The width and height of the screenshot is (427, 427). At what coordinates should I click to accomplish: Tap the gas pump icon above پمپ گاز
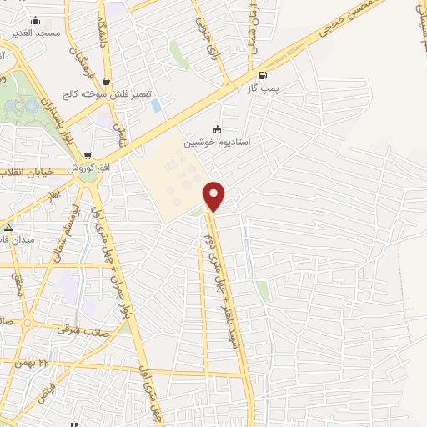point(264,74)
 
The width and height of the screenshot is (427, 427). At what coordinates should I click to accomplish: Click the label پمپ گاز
point(264,87)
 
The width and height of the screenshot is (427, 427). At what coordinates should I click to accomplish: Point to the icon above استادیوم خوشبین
point(218,129)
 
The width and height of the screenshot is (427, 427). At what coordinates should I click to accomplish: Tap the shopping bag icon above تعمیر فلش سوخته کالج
point(105,82)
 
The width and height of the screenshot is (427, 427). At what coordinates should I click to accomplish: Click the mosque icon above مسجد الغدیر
point(35,20)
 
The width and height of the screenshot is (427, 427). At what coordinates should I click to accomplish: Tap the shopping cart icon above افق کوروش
point(88,155)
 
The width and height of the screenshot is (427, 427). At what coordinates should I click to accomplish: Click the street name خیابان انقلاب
point(30,171)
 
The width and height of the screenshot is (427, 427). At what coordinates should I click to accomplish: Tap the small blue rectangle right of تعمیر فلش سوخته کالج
point(157,105)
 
